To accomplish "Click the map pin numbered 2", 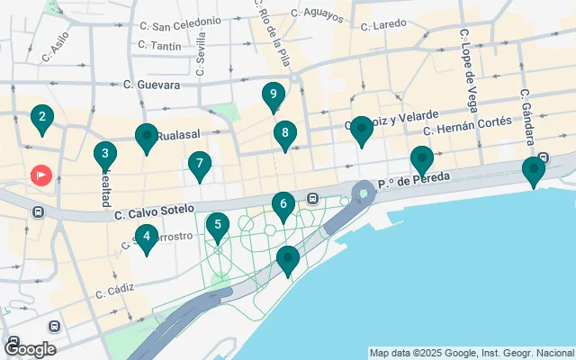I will [41, 116].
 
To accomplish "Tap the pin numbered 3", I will [105, 154].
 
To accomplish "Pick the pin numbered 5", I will [217, 225].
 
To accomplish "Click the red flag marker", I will [41, 175].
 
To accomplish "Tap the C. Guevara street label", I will [151, 85].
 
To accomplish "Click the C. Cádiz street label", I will [114, 290].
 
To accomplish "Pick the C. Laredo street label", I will [383, 26].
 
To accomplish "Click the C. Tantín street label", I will [159, 45].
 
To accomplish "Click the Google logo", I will [30, 349].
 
